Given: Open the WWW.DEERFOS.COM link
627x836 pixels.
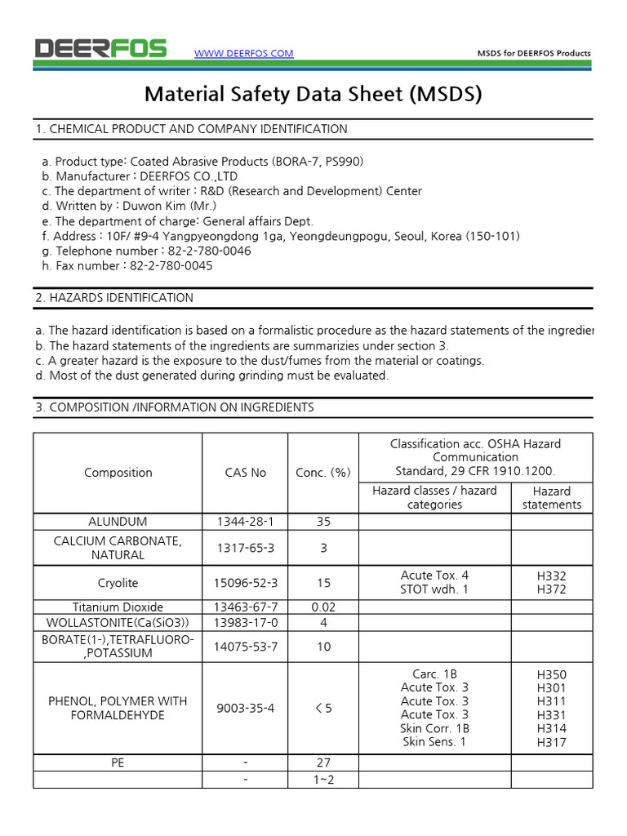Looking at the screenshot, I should [x=243, y=54].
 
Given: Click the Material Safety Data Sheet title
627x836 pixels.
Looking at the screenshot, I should [x=313, y=94].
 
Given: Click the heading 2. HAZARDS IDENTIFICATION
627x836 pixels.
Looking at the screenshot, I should [x=113, y=298].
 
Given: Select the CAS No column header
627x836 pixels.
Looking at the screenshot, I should [x=246, y=473].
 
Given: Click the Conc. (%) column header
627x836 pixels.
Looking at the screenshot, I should [x=323, y=473].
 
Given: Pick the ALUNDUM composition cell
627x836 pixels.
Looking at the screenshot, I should [x=118, y=522].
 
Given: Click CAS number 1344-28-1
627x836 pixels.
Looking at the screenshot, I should [x=246, y=522].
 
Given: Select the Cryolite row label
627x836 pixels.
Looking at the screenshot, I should [x=118, y=583].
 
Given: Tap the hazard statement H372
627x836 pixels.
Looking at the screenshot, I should [x=552, y=589].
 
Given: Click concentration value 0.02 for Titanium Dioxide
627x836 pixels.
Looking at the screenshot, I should [x=323, y=607].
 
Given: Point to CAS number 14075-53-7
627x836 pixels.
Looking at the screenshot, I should [x=246, y=647].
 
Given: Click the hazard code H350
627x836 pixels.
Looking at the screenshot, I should [x=552, y=674].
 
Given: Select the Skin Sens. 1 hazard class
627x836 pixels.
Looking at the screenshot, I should [x=434, y=742].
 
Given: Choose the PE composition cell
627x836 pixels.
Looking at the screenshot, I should [x=118, y=763].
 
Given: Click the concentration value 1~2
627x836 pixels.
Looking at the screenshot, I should [x=323, y=780].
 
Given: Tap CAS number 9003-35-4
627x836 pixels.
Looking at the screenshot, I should [x=246, y=708].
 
